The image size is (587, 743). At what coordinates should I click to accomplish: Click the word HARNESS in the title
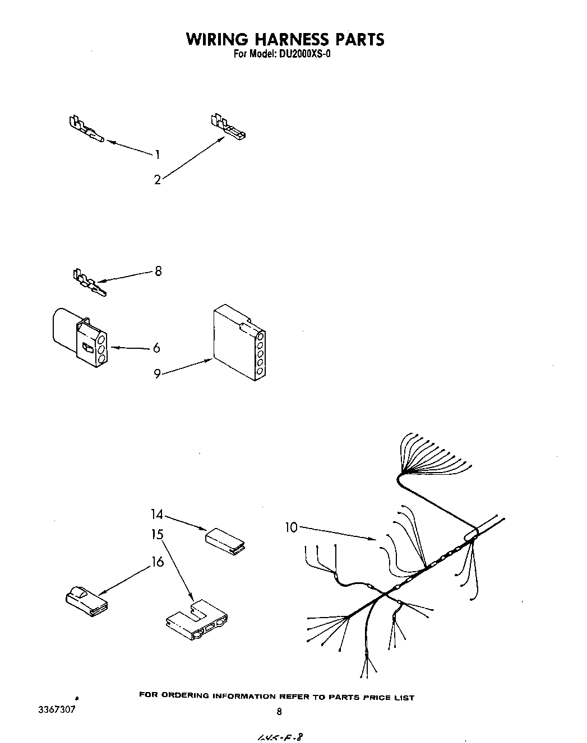pos(285,39)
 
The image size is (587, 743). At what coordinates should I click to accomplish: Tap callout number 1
pos(158,155)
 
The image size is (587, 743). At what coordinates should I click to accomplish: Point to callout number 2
pos(158,180)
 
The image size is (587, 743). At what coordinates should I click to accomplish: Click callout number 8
pos(158,271)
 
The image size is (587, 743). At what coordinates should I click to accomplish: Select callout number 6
pos(156,348)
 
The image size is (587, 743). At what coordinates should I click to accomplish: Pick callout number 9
pos(158,373)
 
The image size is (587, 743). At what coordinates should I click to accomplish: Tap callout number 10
pos(292,527)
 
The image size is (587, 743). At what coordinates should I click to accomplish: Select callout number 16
pos(158,562)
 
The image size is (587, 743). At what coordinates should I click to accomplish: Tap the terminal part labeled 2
pos(228,127)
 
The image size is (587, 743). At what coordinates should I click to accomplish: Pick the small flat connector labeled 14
pos(225,540)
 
